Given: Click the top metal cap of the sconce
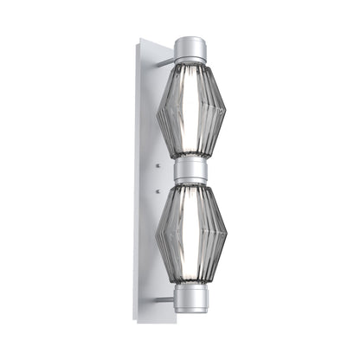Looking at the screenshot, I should coord(190,49).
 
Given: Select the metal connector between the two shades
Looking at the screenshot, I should coord(190,170).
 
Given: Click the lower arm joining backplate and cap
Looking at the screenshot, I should coord(164,299).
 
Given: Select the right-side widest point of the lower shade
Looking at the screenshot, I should coord(227,235).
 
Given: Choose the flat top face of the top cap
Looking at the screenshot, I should coord(190,39).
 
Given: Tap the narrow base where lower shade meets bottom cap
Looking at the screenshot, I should coord(190,286).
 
